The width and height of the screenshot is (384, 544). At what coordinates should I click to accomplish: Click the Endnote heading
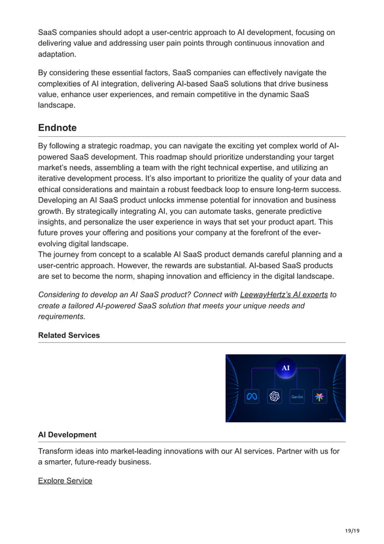tap(57, 128)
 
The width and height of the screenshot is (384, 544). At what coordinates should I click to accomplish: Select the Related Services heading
tap(69, 335)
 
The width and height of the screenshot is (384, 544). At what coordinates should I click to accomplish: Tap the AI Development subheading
tap(67, 434)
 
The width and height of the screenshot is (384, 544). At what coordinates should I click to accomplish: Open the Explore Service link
tap(65, 480)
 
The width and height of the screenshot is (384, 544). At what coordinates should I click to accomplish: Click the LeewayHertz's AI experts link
tap(283, 295)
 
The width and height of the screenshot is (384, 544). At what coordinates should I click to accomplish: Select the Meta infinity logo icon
tap(252, 396)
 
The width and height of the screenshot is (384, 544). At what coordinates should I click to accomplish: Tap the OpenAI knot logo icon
tap(274, 396)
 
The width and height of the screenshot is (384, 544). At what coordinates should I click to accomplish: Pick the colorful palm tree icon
tap(320, 396)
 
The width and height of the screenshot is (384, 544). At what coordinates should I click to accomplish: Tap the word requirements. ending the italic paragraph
tap(61, 316)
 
